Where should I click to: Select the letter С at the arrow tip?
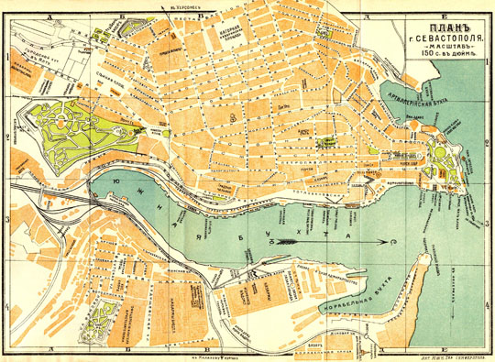[x=393, y=242]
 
